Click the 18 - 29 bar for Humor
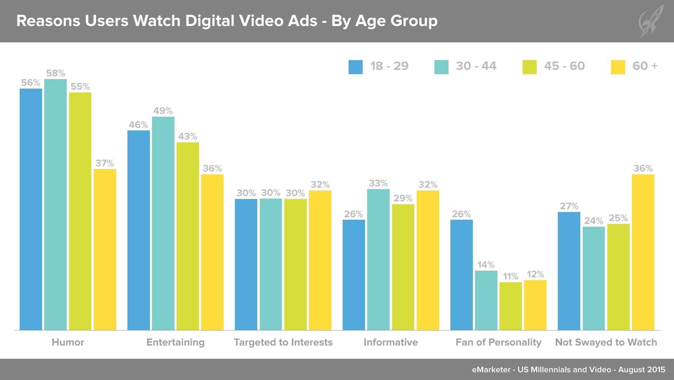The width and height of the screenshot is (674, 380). pyautogui.click(x=31, y=209)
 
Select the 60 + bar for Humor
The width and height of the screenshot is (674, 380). pyautogui.click(x=105, y=250)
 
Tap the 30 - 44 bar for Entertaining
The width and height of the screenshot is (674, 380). pyautogui.click(x=163, y=223)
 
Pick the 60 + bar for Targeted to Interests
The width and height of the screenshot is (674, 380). pyautogui.click(x=320, y=260)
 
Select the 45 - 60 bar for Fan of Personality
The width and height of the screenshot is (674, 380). pyautogui.click(x=510, y=306)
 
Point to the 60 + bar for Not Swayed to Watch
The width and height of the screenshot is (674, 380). pyautogui.click(x=643, y=252)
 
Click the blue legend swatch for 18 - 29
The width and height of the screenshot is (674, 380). pyautogui.click(x=355, y=67)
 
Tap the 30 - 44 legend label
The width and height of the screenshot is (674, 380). pyautogui.click(x=476, y=66)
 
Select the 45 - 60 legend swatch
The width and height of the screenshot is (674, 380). pyautogui.click(x=529, y=67)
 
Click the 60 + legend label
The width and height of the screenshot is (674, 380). pyautogui.click(x=645, y=66)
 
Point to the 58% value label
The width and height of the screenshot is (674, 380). pyautogui.click(x=55, y=73)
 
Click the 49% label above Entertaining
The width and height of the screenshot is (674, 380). pyautogui.click(x=163, y=111)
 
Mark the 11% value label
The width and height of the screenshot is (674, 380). pyautogui.click(x=510, y=276)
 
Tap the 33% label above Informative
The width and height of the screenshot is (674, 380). pyautogui.click(x=378, y=183)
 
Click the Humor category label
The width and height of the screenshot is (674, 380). pyautogui.click(x=68, y=342)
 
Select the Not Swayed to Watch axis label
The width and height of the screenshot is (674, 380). pyautogui.click(x=606, y=342)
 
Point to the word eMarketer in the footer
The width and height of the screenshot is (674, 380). pyautogui.click(x=491, y=369)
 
